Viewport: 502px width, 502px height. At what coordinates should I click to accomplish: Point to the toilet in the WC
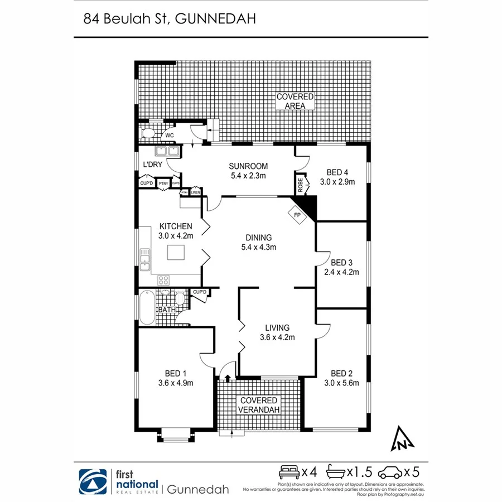[148, 134]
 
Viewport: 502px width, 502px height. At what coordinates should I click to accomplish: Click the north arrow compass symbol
[402, 438]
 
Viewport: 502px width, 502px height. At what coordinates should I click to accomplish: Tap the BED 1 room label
[175, 374]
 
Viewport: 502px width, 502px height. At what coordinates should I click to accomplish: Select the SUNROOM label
[248, 166]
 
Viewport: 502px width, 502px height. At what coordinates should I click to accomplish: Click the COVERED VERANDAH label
[258, 406]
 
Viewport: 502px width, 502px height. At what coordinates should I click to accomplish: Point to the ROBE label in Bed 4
[300, 185]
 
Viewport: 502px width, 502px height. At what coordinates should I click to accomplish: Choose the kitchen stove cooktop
[163, 281]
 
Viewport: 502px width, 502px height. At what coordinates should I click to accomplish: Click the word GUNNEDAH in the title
[216, 19]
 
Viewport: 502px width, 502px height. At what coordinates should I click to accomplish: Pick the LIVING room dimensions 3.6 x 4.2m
[277, 337]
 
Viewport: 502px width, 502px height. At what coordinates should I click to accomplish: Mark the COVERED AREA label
[296, 101]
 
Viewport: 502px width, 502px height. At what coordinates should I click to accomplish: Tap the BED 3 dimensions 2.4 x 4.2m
[341, 272]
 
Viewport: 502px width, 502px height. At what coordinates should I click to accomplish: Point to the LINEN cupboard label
[195, 193]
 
